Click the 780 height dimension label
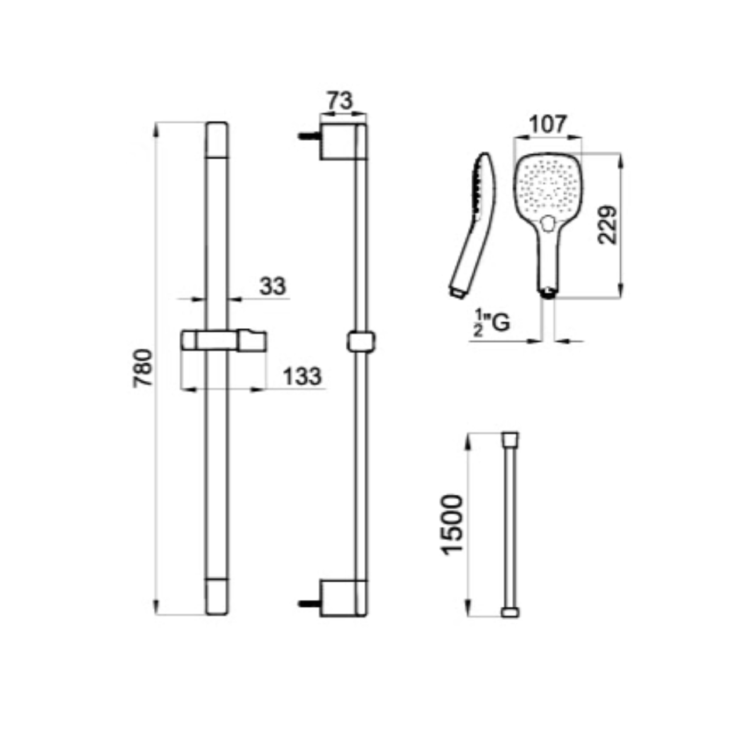coord(143,368)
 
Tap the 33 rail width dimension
coord(272,286)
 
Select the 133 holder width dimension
coord(302,377)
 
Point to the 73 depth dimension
coord(340,100)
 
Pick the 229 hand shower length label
coord(607,225)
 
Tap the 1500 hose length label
coord(453,525)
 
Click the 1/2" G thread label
coord(492,323)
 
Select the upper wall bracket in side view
coord(338,141)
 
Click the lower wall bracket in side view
coord(338,598)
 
